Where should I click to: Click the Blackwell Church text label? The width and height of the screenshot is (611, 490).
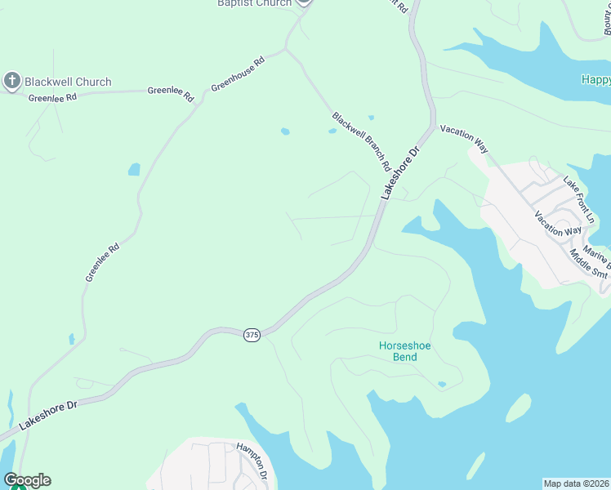pos(68,82)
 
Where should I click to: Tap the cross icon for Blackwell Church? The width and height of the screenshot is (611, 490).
pos(11,80)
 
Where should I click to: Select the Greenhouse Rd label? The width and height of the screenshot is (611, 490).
pos(239,73)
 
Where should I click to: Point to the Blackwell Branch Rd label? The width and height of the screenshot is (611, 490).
pos(361,141)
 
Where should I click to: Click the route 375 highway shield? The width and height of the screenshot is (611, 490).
pos(252,336)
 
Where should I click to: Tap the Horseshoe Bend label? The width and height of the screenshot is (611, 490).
pos(404,351)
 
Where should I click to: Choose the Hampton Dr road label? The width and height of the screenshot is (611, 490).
pos(252,461)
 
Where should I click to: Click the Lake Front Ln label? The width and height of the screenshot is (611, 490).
pos(578,198)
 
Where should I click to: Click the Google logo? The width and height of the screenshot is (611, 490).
pos(27,480)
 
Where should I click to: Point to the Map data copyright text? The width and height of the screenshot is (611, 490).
pos(577,483)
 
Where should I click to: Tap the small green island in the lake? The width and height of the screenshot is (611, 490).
pos(517,408)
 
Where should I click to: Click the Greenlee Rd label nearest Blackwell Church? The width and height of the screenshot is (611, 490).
pos(52,97)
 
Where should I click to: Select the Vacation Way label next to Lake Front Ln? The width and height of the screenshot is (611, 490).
pos(558,225)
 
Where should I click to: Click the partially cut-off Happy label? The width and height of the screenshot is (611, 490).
pos(595,79)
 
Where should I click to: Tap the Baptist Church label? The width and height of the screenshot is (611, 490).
pos(254,3)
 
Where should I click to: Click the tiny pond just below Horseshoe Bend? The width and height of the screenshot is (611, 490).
pos(442,384)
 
